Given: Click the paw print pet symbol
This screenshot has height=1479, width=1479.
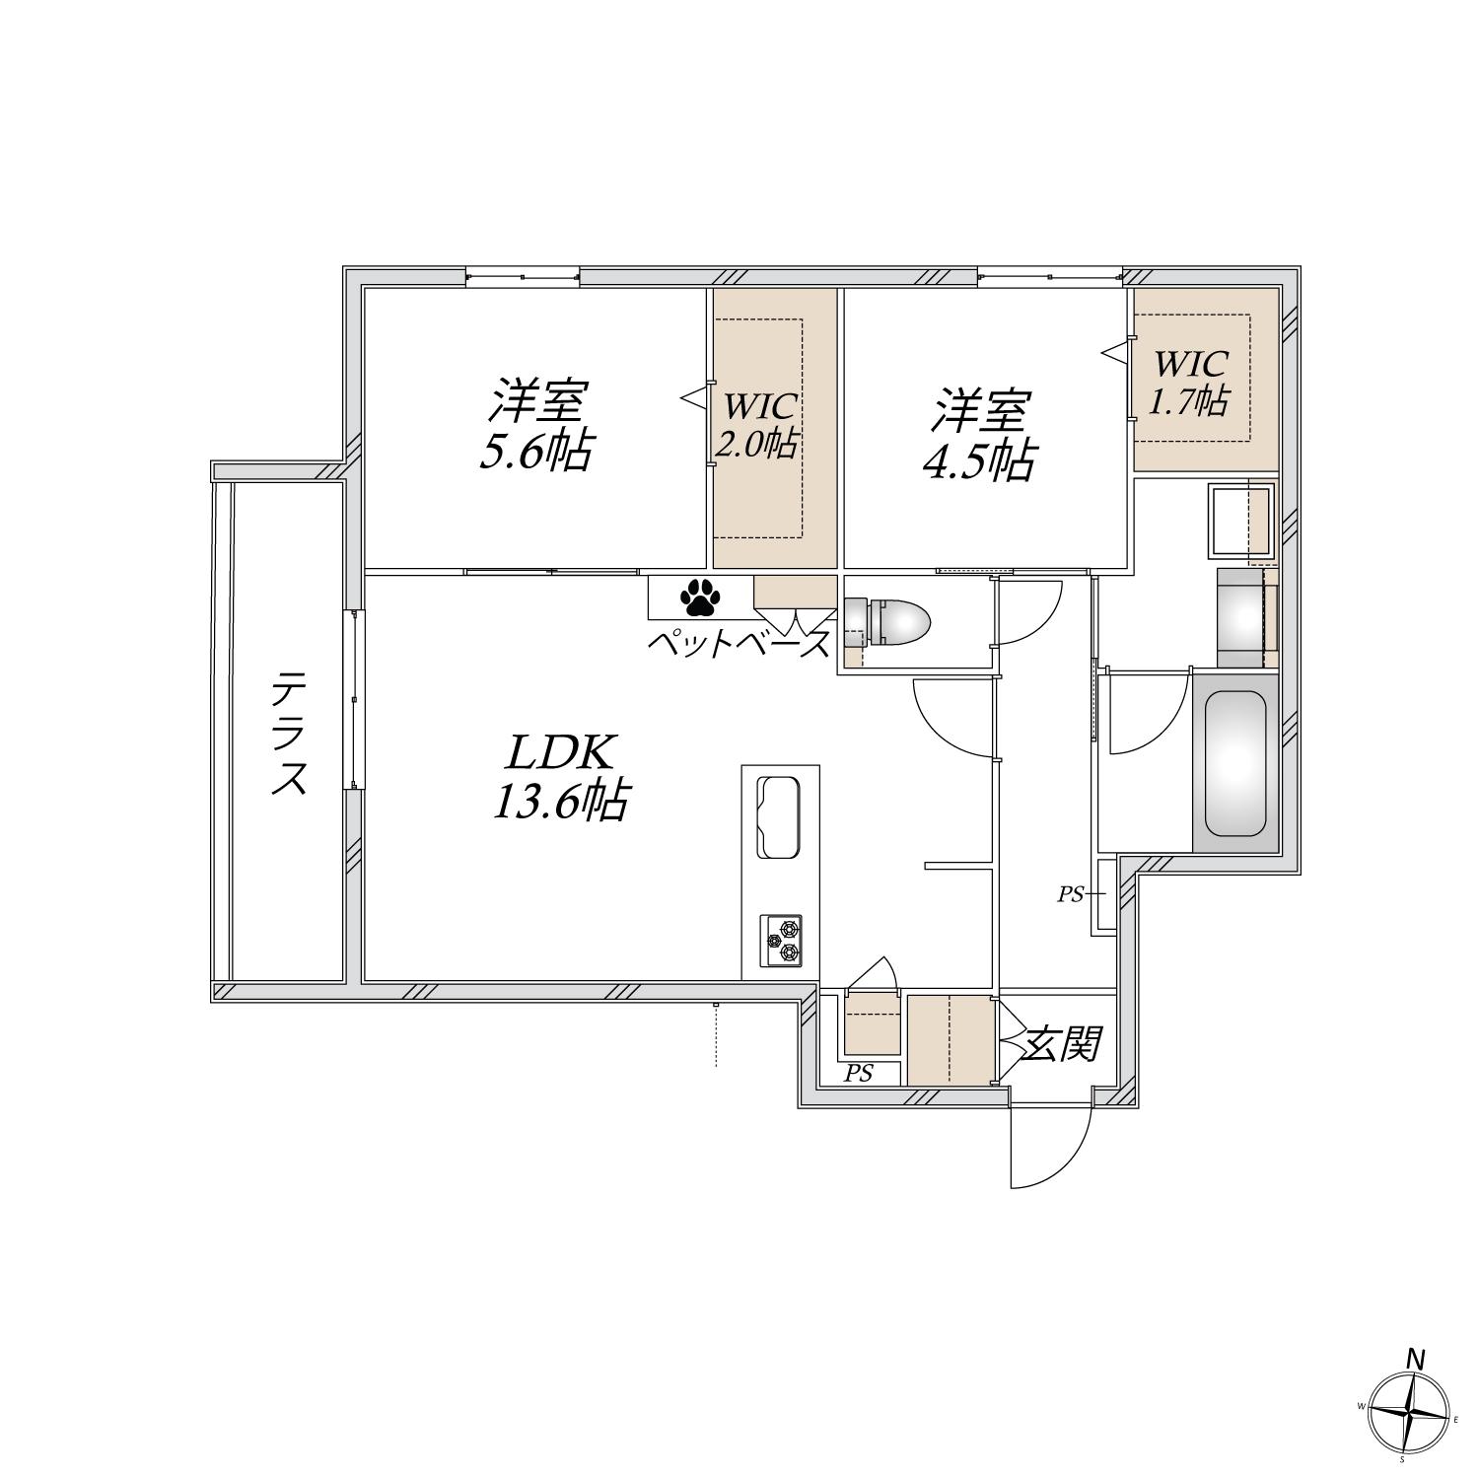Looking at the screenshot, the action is point(699,597).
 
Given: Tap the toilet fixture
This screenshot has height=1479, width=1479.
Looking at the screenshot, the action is point(887,622).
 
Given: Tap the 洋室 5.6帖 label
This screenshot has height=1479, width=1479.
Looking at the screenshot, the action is point(535,426).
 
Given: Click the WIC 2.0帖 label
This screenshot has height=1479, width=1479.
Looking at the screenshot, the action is point(757,426).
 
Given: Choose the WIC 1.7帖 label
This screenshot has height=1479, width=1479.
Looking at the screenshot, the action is point(1190,383).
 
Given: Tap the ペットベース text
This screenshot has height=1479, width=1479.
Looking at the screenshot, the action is point(739,645).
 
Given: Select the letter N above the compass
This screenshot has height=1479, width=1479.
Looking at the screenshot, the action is point(1416,1359).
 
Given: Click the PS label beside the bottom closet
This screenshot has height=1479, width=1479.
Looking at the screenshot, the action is point(859,1074).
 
